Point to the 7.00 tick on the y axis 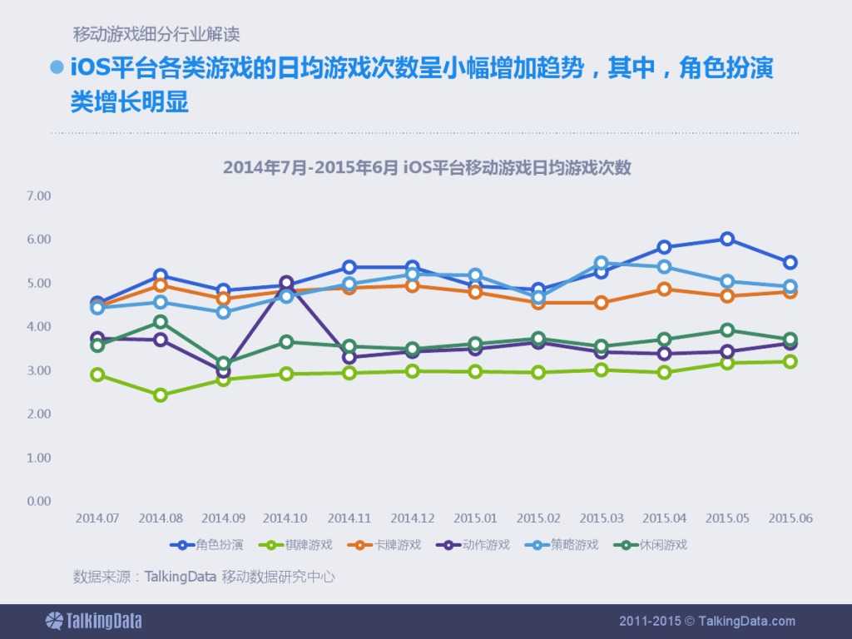39,196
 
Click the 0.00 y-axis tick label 39,501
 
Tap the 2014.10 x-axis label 286,518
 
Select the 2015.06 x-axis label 790,518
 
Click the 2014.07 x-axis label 97,518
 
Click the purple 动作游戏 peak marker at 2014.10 286,283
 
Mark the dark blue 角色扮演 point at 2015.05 727,239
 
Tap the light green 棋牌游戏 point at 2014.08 161,394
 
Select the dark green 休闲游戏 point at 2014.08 161,322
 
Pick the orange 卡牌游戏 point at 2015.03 601,302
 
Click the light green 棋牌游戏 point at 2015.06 790,361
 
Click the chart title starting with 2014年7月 427,167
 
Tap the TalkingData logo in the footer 93,621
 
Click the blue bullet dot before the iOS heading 57,67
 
